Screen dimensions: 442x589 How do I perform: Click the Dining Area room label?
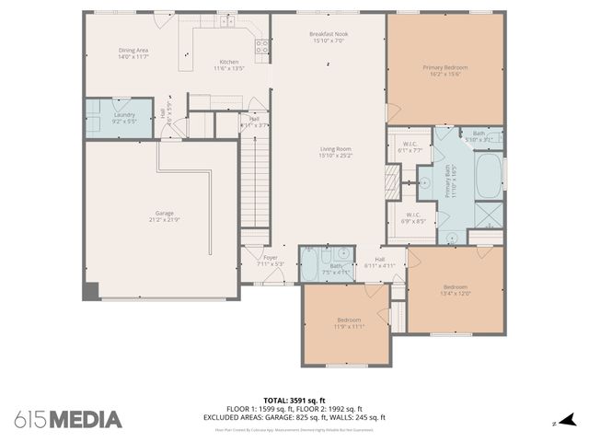coord(133,53)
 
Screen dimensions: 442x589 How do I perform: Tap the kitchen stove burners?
coord(261,44)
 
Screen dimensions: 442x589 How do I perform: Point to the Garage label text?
coord(164,216)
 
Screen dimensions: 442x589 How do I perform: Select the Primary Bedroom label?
coord(446,71)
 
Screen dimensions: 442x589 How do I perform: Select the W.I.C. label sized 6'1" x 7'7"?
coord(410,149)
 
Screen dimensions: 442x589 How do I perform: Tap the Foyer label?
coord(270,261)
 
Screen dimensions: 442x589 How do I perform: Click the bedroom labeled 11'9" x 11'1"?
coord(349,324)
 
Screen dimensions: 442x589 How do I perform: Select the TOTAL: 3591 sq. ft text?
coord(294,401)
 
